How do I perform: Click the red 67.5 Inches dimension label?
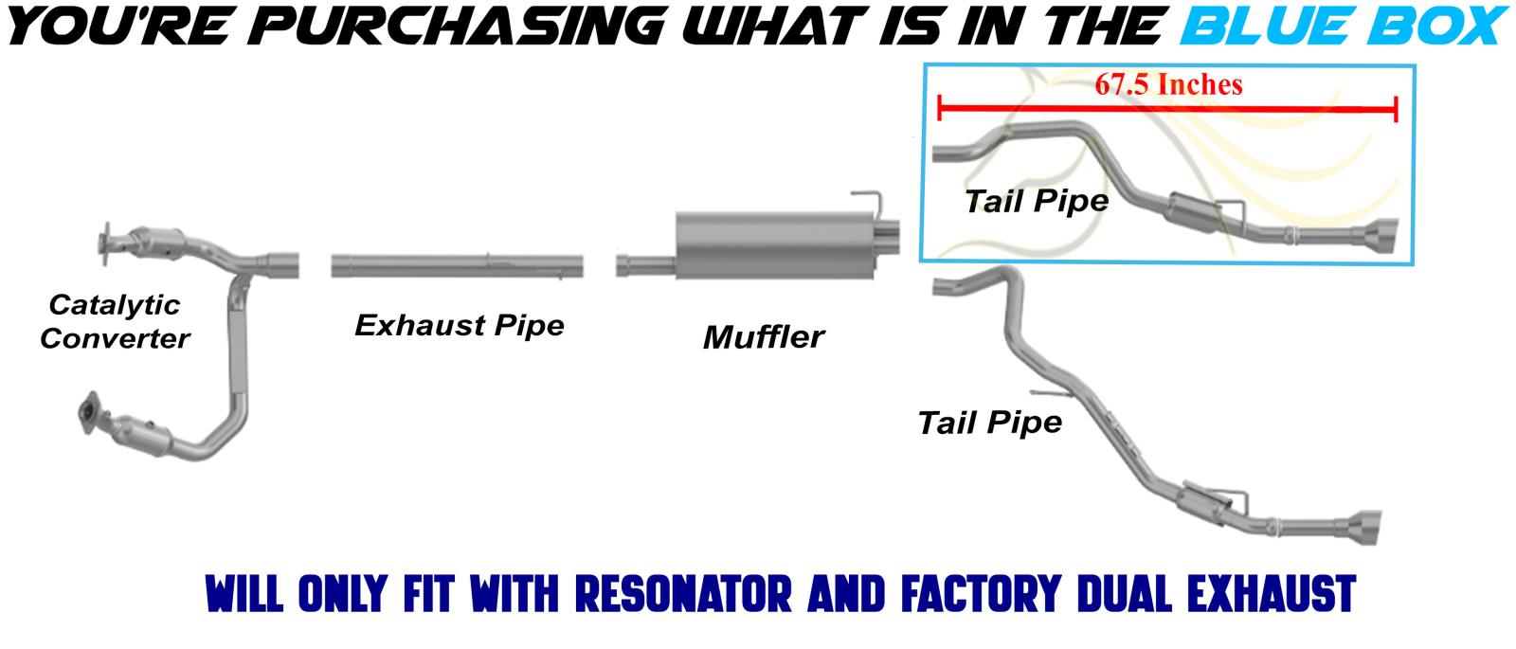coord(1167,84)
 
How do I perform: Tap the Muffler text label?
coord(763,336)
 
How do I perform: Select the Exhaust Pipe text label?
coord(460,325)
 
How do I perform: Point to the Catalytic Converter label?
coord(115,321)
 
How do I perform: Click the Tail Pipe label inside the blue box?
coord(1036,201)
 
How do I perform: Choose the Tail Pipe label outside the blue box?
coord(989,422)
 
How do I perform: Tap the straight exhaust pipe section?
coord(457,264)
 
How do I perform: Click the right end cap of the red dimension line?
coord(1396,110)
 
